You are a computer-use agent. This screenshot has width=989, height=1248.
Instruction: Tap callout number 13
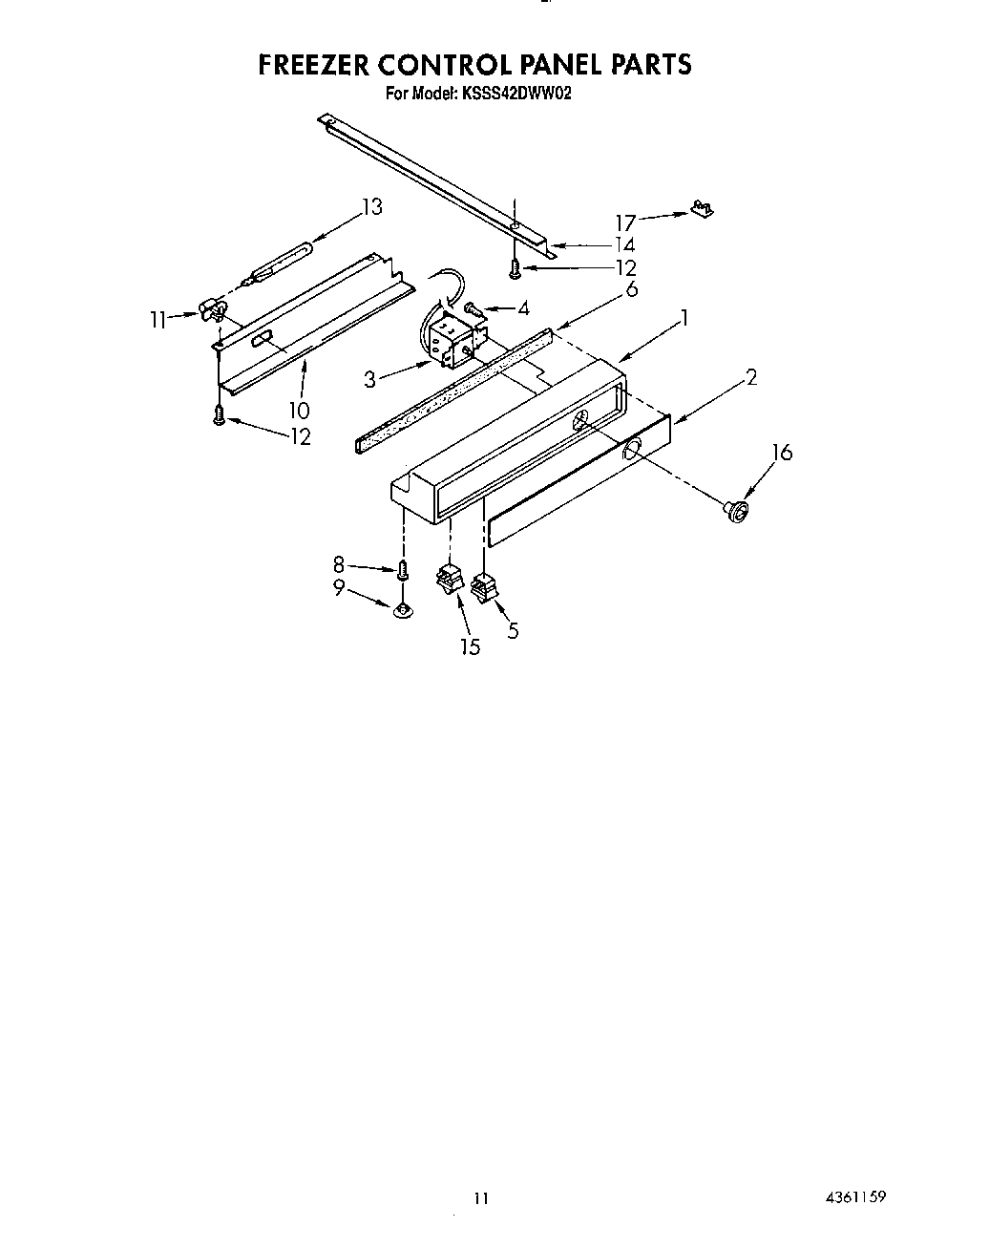pos(371,206)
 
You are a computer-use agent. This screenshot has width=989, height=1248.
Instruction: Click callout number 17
pos(624,222)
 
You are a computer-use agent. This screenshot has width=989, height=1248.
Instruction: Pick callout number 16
pos(782,452)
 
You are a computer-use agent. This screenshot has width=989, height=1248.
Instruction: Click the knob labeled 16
pos(736,511)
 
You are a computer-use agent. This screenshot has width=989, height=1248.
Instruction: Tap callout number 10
pos(299,411)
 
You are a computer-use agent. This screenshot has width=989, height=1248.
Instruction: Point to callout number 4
pos(522,308)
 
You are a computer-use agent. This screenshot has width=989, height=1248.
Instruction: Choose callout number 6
pos(630,289)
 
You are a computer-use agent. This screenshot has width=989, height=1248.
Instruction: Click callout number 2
pos(751,377)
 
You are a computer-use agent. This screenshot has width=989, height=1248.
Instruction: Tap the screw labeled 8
pos(403,571)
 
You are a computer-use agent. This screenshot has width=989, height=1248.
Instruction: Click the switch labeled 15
pos(448,579)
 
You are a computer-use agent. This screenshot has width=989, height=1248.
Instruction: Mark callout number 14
pos(624,245)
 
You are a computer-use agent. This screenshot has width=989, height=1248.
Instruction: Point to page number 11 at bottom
pos(480,1198)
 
